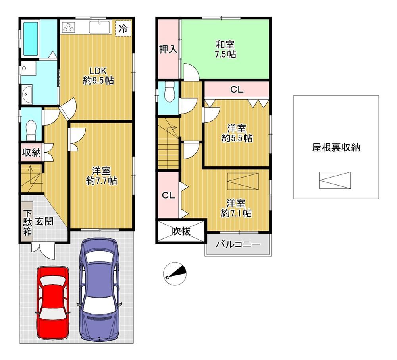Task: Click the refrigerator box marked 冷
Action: [x=123, y=28]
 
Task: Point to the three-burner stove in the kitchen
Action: [x=69, y=27]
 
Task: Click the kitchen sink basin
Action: [x=99, y=27]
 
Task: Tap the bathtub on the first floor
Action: [x=31, y=39]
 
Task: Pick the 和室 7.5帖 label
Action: [x=225, y=49]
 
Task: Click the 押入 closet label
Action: [x=168, y=49]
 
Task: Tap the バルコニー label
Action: [x=238, y=244]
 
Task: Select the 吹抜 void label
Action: [x=181, y=231]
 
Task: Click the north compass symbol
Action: [x=175, y=274]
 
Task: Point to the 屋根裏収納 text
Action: [x=336, y=147]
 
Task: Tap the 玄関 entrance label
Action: [x=44, y=221]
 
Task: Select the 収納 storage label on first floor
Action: [x=31, y=153]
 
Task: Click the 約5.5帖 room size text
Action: [x=237, y=138]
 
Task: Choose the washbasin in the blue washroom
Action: [x=27, y=94]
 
